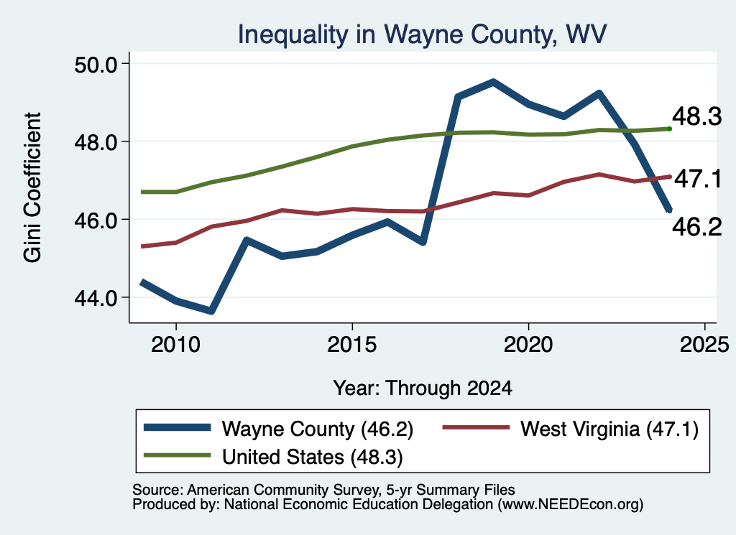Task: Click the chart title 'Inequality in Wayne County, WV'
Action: click(422, 35)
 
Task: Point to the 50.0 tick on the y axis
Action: click(96, 64)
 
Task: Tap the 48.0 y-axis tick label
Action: click(96, 142)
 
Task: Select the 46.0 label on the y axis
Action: click(96, 220)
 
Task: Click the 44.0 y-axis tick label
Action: click(96, 298)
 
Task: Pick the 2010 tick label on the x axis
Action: click(175, 345)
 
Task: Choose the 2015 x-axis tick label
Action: click(352, 345)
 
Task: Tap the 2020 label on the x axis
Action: click(528, 345)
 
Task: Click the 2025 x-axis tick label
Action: click(704, 345)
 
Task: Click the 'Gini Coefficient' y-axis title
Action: click(32, 187)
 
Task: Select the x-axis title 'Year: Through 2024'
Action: click(423, 389)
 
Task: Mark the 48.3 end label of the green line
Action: click(696, 116)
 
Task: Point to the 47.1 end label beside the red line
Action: click(697, 179)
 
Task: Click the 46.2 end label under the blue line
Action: click(697, 227)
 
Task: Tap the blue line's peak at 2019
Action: click(493, 83)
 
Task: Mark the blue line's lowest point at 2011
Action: click(211, 311)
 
